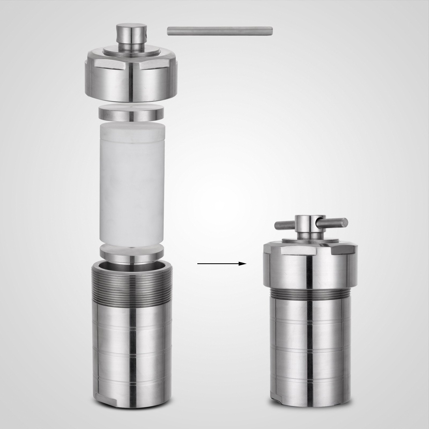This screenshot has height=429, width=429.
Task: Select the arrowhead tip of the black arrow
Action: click(245, 264)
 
